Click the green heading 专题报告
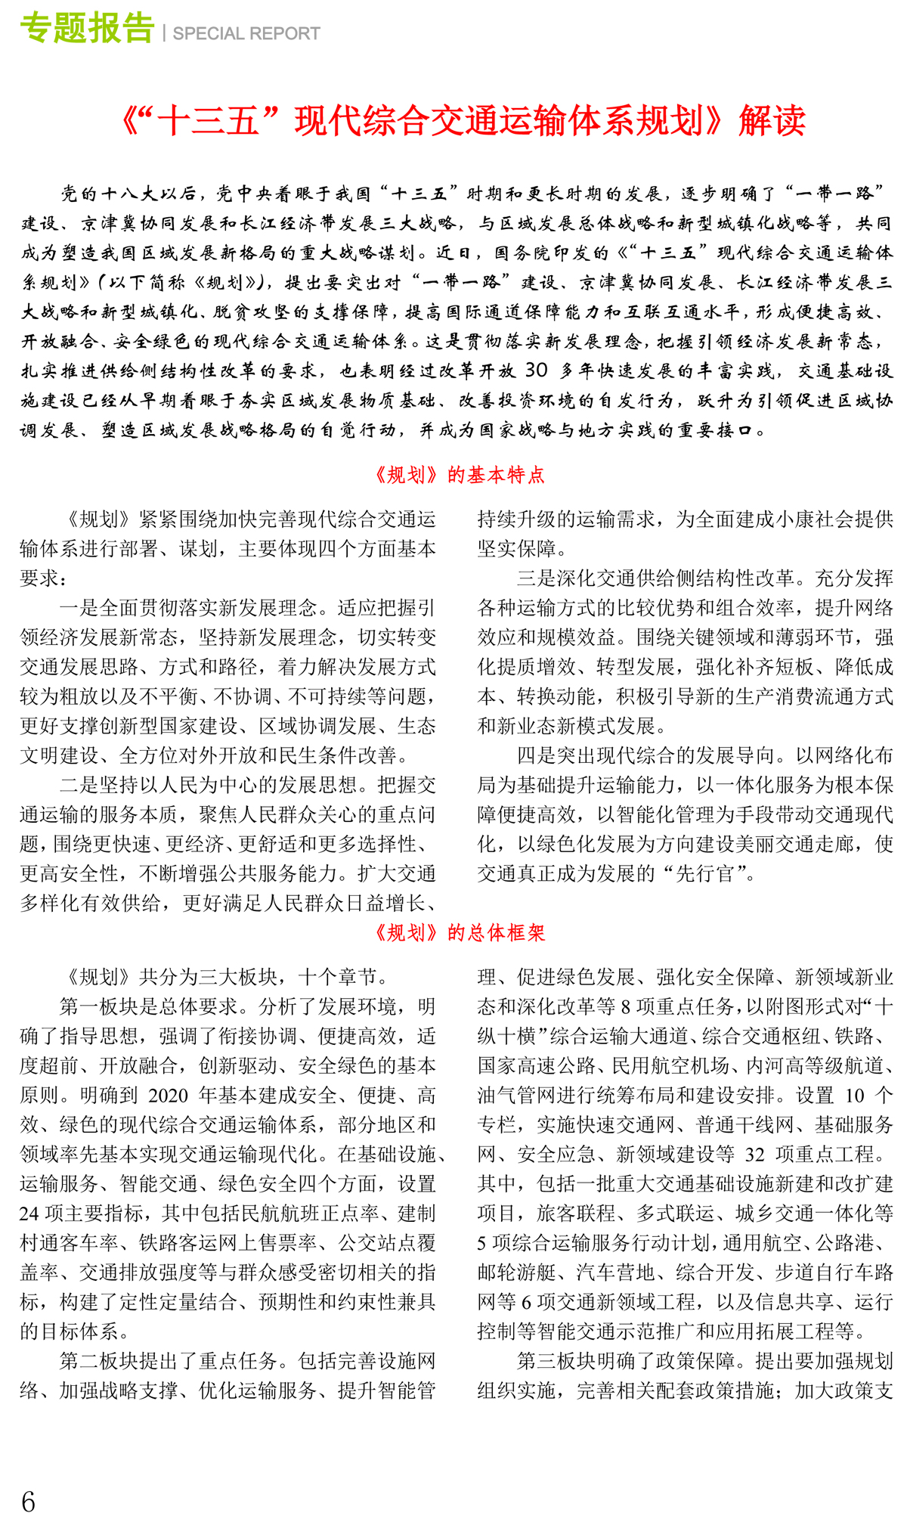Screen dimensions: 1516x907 (87, 29)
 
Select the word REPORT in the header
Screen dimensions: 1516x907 (287, 34)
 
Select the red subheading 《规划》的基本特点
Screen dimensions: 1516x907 (459, 475)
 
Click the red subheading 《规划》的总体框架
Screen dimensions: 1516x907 (459, 932)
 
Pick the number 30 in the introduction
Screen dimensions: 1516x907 (536, 370)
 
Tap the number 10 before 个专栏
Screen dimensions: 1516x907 (855, 1096)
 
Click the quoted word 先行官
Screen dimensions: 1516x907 (704, 874)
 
